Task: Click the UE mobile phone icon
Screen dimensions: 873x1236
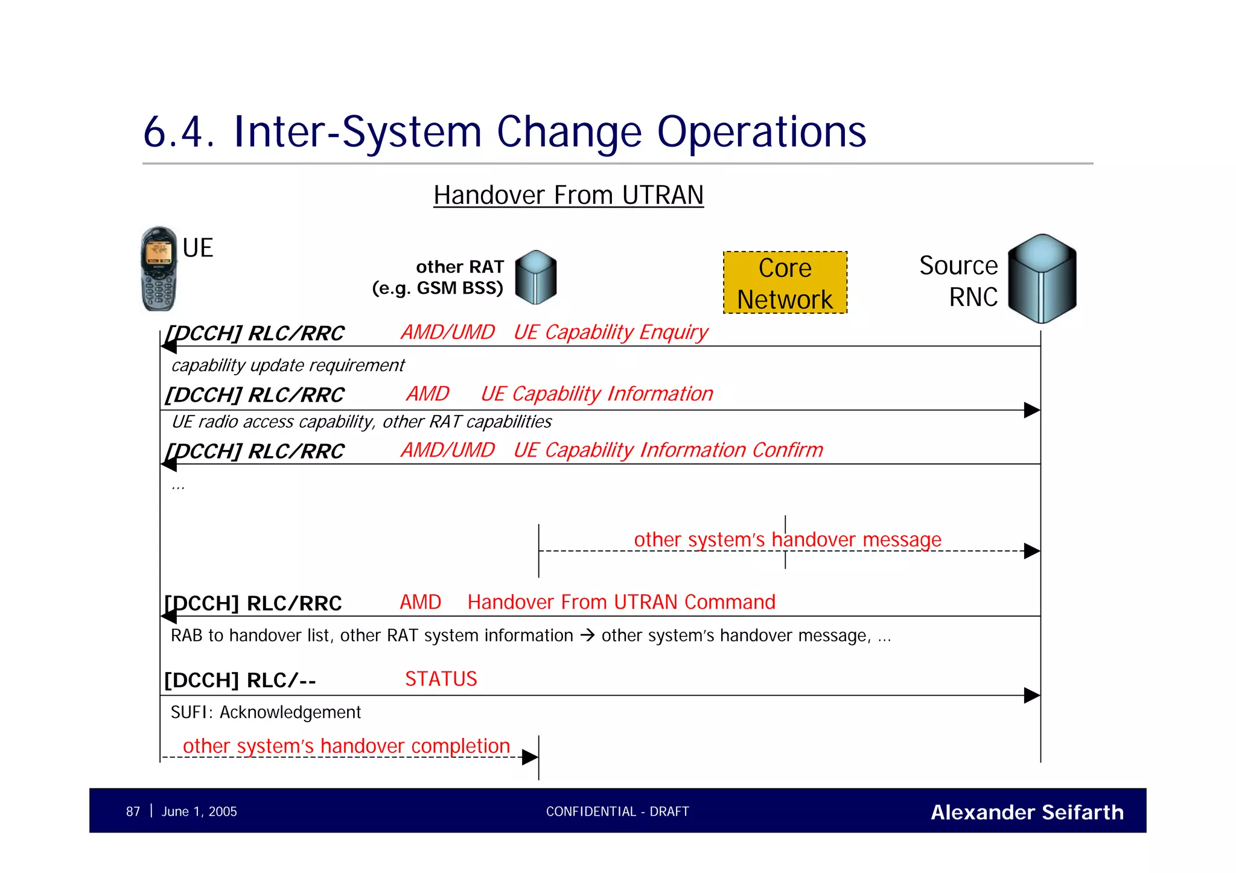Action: pyautogui.click(x=159, y=269)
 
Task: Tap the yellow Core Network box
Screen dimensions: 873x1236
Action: pyautogui.click(x=785, y=283)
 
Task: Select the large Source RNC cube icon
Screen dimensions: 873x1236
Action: pyautogui.click(x=1042, y=279)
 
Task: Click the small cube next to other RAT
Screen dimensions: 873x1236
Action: pyautogui.click(x=536, y=278)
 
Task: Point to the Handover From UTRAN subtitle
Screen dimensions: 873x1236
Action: pyautogui.click(x=568, y=195)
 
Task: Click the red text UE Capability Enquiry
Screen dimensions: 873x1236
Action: pyautogui.click(x=610, y=332)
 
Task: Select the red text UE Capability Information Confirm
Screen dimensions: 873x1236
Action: pyautogui.click(x=667, y=450)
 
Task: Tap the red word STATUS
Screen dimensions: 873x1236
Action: pyautogui.click(x=441, y=679)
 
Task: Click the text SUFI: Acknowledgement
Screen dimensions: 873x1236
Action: pyautogui.click(x=266, y=713)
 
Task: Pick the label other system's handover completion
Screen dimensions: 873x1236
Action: pyautogui.click(x=346, y=746)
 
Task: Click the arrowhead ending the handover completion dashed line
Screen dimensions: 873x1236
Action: pyautogui.click(x=530, y=757)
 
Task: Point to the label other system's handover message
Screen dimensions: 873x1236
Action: pyautogui.click(x=787, y=539)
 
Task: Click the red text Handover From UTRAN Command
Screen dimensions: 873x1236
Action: pyautogui.click(x=621, y=602)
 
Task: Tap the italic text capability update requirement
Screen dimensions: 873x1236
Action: pyautogui.click(x=288, y=366)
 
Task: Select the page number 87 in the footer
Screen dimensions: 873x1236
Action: pyautogui.click(x=133, y=812)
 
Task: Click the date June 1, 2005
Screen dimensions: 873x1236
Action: pyautogui.click(x=199, y=812)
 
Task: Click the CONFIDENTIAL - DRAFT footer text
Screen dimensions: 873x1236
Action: pyautogui.click(x=617, y=812)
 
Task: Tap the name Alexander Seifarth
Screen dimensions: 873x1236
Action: pyautogui.click(x=1027, y=813)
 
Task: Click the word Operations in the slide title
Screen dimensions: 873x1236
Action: pyautogui.click(x=761, y=132)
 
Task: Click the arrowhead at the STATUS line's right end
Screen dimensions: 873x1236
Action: pyautogui.click(x=1031, y=696)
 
